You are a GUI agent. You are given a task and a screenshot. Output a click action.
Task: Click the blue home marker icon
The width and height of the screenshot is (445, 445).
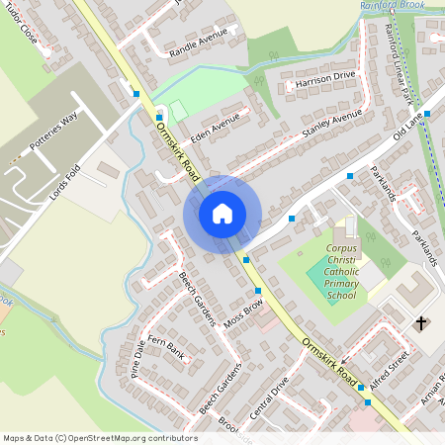click(x=222, y=213)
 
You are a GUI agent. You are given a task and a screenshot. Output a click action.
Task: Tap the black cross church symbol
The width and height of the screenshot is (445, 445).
click(x=420, y=323)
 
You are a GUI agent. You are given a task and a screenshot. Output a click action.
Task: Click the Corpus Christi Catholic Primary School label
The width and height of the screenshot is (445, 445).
click(x=341, y=274)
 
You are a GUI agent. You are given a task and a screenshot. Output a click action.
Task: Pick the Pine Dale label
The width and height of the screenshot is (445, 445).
click(x=137, y=362)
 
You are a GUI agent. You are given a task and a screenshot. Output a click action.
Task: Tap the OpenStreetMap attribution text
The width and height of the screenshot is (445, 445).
click(x=100, y=438)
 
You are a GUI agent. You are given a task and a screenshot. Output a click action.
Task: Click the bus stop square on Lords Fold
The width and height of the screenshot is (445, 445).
click(x=135, y=94)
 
